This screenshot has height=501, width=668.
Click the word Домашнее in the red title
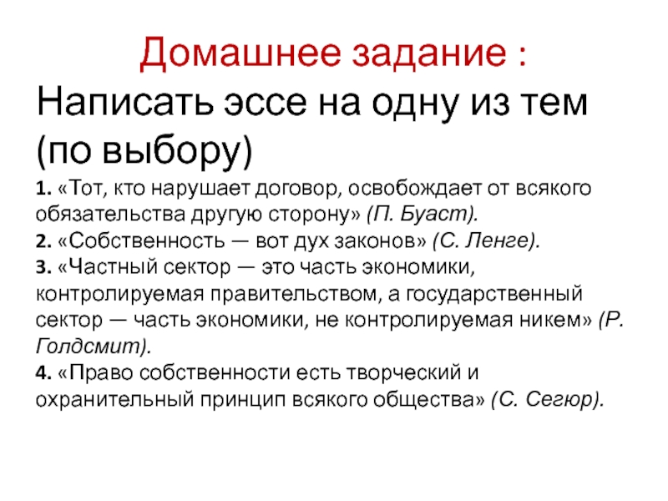pyautogui.click(x=240, y=53)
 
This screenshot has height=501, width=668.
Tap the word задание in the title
pyautogui.click(x=429, y=53)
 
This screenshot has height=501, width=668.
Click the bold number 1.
pyautogui.click(x=43, y=189)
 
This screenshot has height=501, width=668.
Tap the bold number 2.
pyautogui.click(x=43, y=241)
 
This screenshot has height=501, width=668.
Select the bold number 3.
pyautogui.click(x=43, y=267)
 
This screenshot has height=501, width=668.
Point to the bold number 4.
pyautogui.click(x=43, y=372)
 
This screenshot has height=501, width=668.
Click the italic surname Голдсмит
pyautogui.click(x=89, y=347)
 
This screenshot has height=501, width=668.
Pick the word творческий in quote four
pyautogui.click(x=403, y=373)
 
